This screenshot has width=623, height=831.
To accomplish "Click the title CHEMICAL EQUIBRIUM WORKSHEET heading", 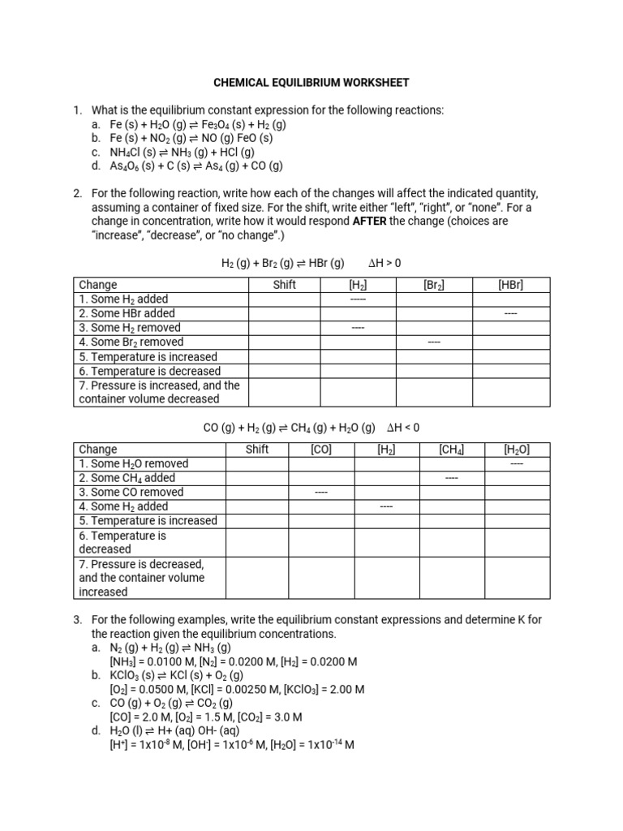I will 311,83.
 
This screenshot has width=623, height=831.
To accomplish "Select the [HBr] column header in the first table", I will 511,285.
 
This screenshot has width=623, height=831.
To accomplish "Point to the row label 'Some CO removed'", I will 131,493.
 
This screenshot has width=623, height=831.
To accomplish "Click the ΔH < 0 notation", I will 403,428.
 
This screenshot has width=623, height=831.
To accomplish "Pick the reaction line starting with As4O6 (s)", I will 196,166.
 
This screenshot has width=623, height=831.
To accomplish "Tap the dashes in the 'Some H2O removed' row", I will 516,464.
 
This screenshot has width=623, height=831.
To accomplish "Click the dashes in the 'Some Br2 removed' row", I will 433,342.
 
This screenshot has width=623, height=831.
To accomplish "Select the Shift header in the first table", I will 284,285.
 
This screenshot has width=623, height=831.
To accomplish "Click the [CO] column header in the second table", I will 321,450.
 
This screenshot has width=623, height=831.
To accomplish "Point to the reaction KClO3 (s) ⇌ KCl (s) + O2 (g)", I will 176,675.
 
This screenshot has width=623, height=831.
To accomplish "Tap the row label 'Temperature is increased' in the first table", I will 148,357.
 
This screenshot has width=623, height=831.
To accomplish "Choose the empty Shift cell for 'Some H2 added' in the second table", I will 257,506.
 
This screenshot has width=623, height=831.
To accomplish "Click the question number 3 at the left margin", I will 77,620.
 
